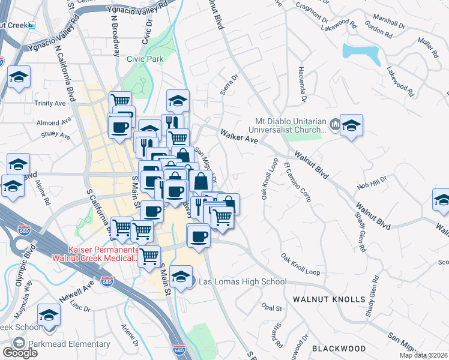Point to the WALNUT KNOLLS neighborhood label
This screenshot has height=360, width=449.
pos(329,299)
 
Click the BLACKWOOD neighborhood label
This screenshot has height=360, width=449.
pos(339,348)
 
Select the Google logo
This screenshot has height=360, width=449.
pos(20,353)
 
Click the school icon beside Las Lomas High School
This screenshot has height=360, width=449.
pos(180,277)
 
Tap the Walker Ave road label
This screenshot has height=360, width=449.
pos(239,135)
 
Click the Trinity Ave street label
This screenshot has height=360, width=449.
pos(50,103)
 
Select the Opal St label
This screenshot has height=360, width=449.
pos(272,308)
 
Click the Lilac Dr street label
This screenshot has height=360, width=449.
pos(79,307)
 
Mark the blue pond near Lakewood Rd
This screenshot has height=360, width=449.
pos(361,55)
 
